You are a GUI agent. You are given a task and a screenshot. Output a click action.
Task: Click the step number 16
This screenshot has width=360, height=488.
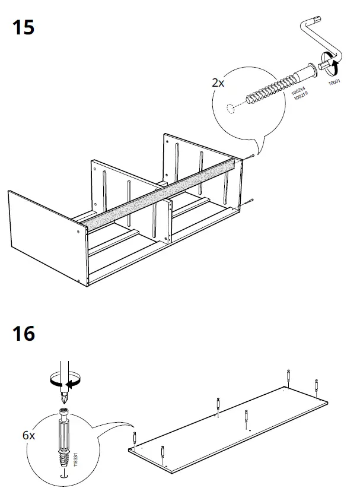[21, 333]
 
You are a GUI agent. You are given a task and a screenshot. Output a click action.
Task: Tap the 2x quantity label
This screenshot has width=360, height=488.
[218, 83]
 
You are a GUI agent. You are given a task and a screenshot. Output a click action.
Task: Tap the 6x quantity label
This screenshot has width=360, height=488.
[28, 435]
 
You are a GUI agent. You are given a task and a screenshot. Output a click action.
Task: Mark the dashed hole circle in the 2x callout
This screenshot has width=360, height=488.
[230, 109]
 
